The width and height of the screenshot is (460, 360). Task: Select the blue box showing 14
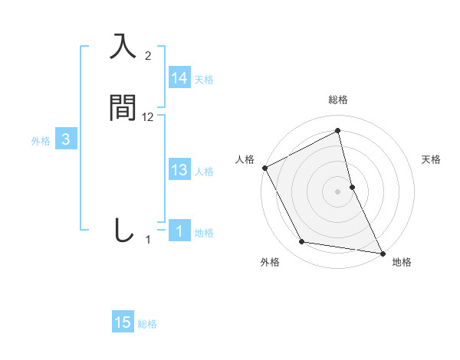tap(179, 78)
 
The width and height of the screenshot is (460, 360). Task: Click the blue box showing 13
tap(179, 170)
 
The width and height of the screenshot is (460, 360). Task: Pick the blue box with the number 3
tap(66, 139)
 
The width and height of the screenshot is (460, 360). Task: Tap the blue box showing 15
tap(123, 322)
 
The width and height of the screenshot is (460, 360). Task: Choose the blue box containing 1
tap(179, 231)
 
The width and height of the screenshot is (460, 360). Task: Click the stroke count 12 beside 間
tap(148, 117)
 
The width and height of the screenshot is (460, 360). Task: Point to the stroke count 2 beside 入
tap(148, 56)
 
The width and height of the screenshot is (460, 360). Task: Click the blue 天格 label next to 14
tap(204, 80)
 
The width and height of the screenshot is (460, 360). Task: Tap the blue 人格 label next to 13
tap(204, 172)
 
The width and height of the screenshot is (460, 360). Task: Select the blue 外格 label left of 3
tap(41, 141)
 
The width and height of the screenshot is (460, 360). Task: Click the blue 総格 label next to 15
tap(147, 324)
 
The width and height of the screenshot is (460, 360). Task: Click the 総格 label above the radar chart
tap(338, 100)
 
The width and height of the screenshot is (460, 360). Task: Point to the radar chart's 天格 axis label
tap(432, 159)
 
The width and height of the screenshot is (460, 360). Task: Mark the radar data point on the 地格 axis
tap(382, 252)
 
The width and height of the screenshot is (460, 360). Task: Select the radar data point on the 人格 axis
tap(264, 167)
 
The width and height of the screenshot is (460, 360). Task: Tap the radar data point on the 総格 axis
tap(338, 131)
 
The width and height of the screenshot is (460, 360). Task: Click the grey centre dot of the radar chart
tap(338, 191)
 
